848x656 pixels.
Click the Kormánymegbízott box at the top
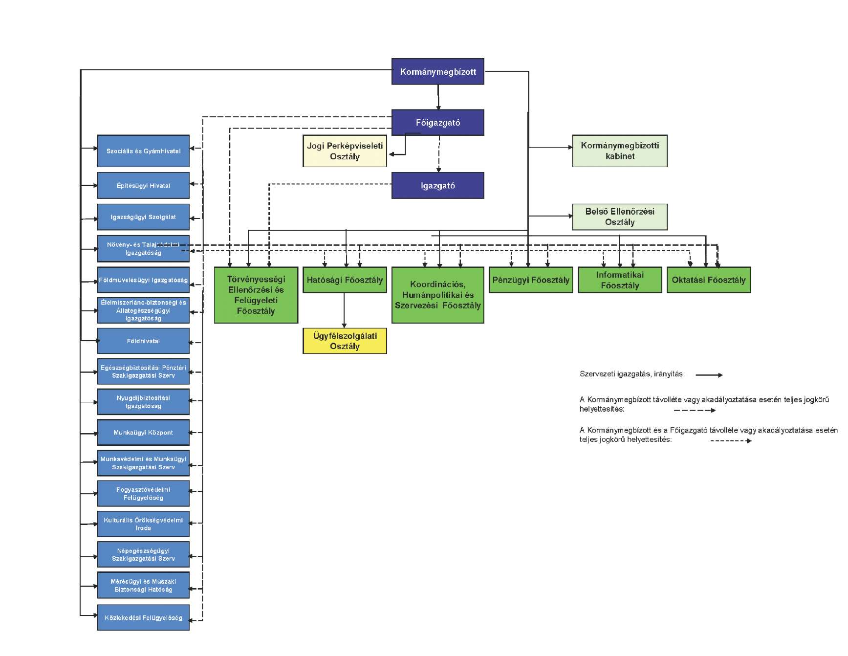[437, 72]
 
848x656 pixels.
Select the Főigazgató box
[437, 123]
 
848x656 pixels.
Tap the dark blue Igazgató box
[437, 186]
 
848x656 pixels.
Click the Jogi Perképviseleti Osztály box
[345, 151]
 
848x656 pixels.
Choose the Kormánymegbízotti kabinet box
[619, 151]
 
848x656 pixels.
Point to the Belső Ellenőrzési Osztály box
[619, 217]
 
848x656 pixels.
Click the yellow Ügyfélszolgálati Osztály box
[345, 341]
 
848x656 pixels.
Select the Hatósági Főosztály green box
[345, 280]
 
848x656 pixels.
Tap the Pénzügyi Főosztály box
[530, 280]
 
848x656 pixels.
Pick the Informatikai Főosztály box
[619, 280]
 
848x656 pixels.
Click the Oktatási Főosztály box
[708, 280]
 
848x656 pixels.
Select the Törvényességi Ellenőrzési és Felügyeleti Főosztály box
[256, 295]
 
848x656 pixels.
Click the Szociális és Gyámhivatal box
[143, 151]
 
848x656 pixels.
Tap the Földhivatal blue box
[143, 341]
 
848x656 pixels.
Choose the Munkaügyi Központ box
[143, 433]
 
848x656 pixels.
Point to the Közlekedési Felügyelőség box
[143, 618]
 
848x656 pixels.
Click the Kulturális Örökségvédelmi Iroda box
[143, 524]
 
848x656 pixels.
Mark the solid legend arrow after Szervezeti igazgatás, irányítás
[709, 375]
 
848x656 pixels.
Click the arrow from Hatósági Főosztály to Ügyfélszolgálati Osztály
[344, 310]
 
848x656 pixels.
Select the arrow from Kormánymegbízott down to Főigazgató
[438, 97]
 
